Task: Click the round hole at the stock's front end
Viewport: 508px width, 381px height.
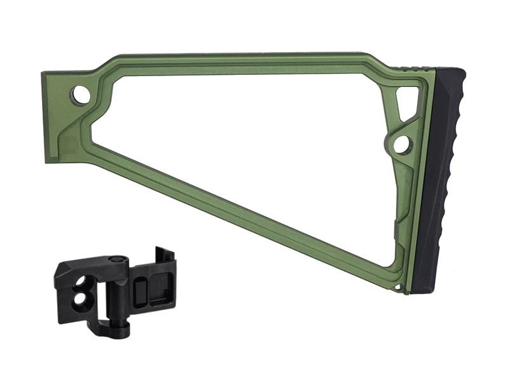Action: pyautogui.click(x=81, y=95)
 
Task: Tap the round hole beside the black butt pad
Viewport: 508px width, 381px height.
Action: pyautogui.click(x=402, y=145)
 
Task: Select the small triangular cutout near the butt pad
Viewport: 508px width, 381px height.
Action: pyautogui.click(x=407, y=101)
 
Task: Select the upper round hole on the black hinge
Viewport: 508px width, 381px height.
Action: pyautogui.click(x=84, y=280)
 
